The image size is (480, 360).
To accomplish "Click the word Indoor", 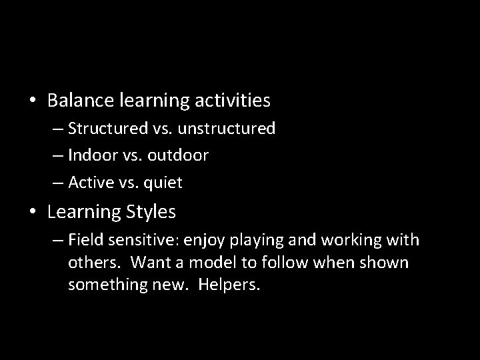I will pos(93,155).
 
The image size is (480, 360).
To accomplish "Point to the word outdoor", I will pos(179,155).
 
